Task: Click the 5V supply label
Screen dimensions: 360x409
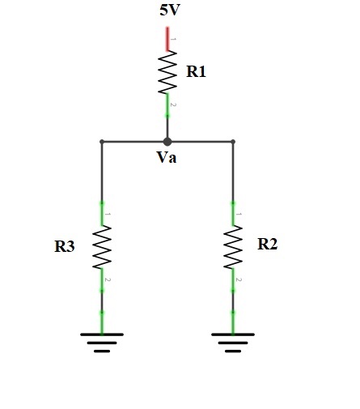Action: click(x=170, y=11)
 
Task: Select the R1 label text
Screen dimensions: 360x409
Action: click(x=196, y=72)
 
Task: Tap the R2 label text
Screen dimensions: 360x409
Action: click(x=267, y=244)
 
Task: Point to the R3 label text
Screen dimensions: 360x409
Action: click(x=65, y=246)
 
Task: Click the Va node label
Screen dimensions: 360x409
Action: click(x=167, y=157)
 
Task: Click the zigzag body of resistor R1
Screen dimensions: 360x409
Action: click(x=167, y=72)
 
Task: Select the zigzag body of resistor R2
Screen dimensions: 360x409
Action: click(x=233, y=247)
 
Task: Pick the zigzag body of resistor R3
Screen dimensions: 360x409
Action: click(x=102, y=247)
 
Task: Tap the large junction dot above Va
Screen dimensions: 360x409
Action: click(x=167, y=142)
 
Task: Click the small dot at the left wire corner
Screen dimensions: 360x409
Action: click(x=102, y=142)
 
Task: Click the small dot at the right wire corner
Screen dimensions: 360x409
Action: click(x=233, y=142)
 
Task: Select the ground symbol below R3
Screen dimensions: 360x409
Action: click(x=102, y=343)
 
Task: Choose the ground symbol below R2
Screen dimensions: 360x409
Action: click(x=233, y=343)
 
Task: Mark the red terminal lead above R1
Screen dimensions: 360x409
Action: click(x=167, y=39)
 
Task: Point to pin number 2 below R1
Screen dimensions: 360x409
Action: click(x=173, y=104)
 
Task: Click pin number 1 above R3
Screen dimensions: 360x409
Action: click(x=108, y=214)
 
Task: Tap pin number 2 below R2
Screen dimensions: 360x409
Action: click(x=239, y=279)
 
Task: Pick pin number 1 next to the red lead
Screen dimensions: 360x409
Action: click(x=173, y=40)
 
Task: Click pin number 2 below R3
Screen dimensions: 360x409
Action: click(x=108, y=279)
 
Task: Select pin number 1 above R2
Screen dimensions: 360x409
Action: click(x=239, y=214)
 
